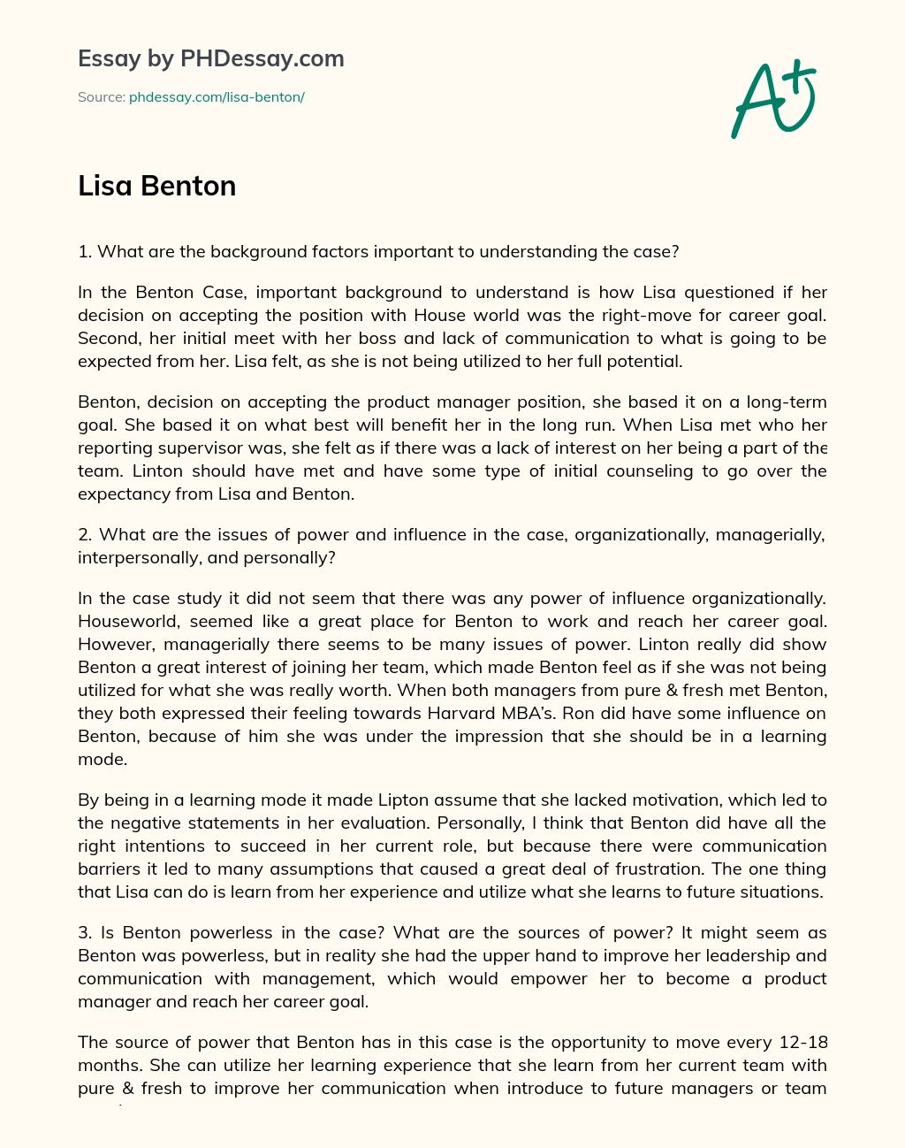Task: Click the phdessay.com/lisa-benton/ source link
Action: (x=217, y=97)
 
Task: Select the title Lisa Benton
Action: (x=156, y=186)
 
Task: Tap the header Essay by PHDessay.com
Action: (x=210, y=58)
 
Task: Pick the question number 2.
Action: (x=86, y=534)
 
